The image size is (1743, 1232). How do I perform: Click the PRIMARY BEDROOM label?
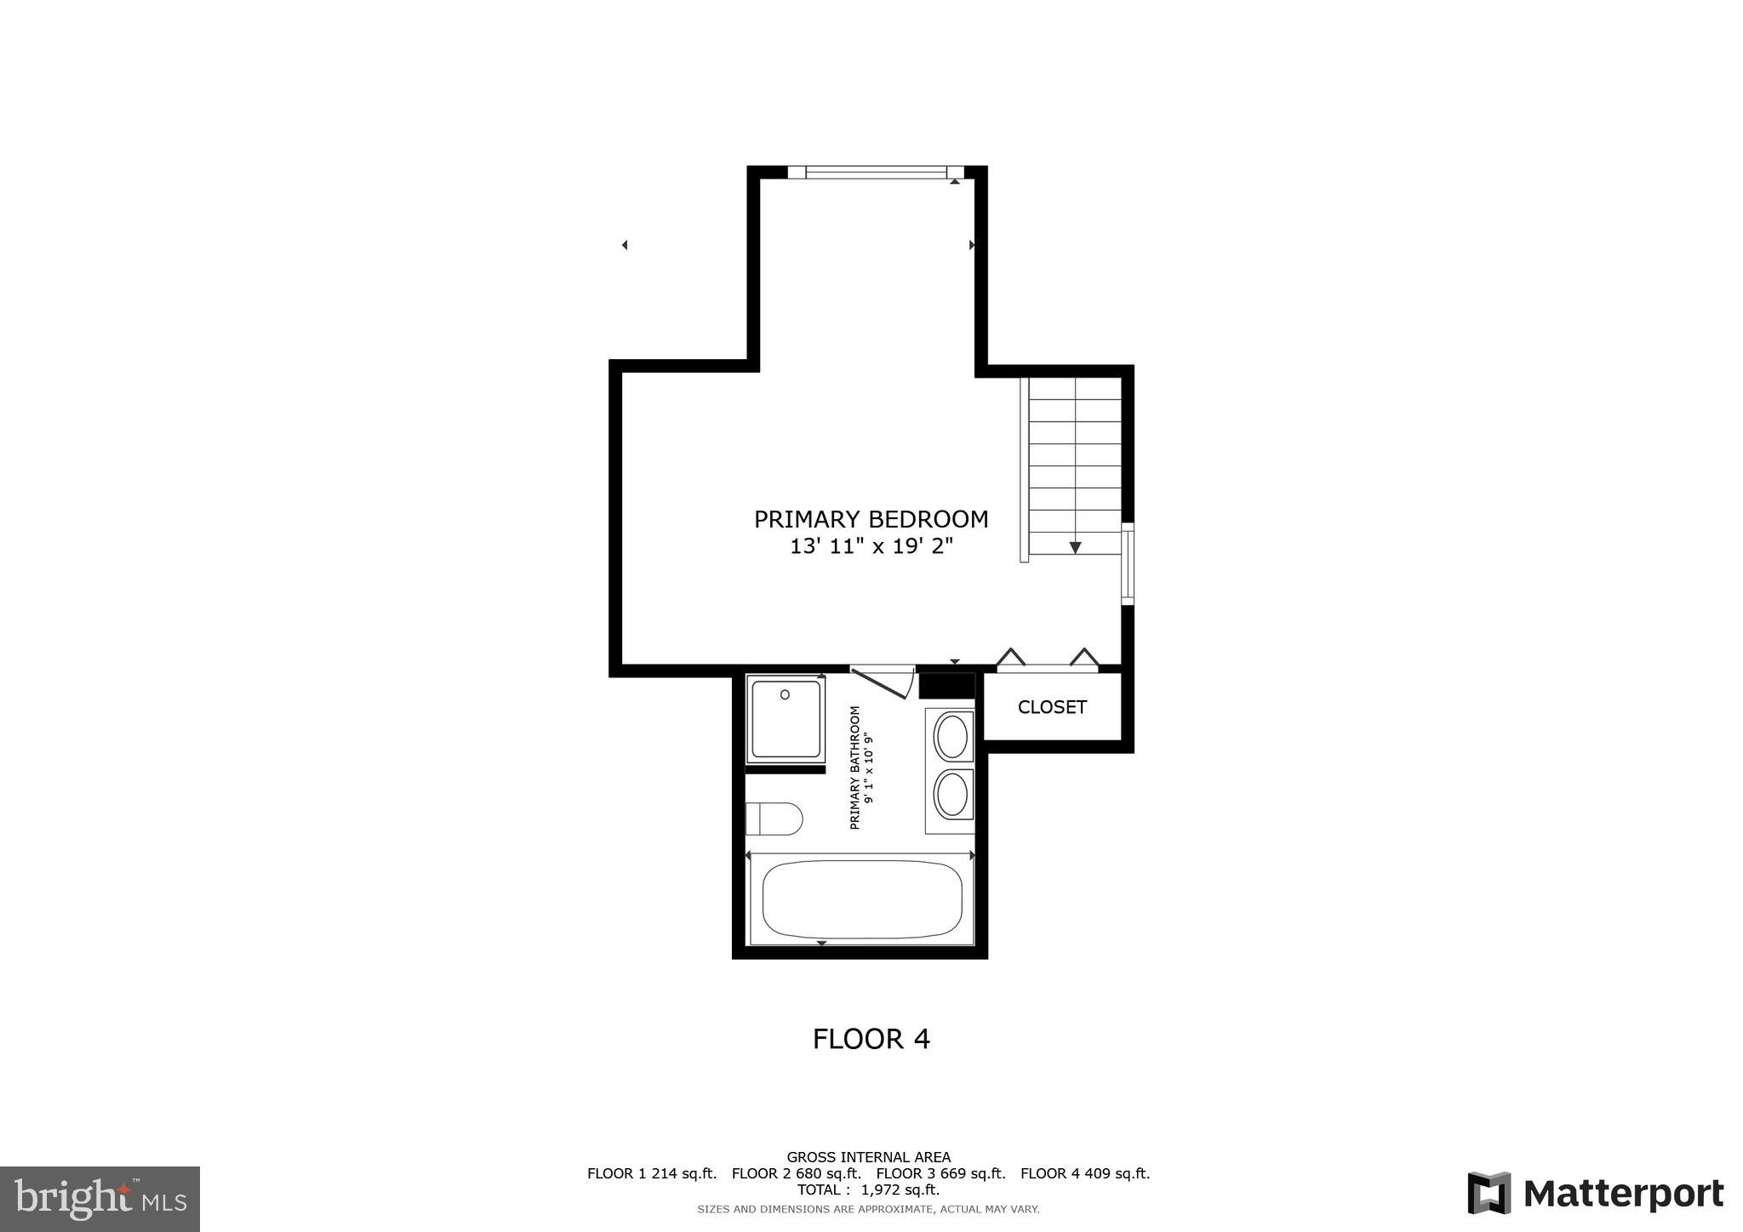871,519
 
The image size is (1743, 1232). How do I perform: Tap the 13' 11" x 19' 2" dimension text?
871,546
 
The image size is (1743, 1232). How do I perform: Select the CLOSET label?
1052,707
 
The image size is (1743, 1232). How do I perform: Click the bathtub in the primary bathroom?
861,899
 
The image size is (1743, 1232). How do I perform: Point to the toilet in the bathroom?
774,819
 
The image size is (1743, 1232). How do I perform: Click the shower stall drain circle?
785,695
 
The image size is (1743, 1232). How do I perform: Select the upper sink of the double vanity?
952,737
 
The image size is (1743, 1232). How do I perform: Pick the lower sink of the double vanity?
952,795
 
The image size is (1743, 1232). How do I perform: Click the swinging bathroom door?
882,683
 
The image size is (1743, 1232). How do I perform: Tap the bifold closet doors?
1048,660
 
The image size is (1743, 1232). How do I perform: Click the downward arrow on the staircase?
1075,547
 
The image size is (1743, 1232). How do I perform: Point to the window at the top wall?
876,172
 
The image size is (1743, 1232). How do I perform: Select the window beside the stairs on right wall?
1128,564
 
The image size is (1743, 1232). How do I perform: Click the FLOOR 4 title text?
871,1039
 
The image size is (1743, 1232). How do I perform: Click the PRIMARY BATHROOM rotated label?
861,767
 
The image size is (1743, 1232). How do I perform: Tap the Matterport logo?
1595,1194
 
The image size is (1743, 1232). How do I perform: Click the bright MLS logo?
100,1200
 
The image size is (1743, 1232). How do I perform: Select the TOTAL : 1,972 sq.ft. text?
868,1189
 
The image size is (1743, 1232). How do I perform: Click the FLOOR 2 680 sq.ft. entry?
796,1173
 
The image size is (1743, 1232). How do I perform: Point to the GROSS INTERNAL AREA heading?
868,1157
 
